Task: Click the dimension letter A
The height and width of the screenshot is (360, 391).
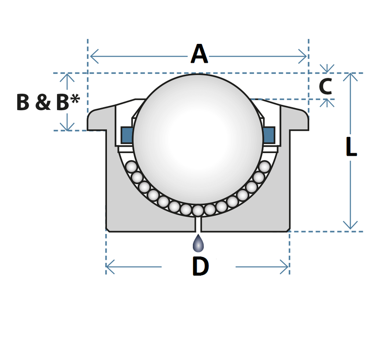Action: [199, 55]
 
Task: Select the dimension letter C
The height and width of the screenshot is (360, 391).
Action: [325, 86]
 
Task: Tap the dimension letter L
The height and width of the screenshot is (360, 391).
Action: [351, 148]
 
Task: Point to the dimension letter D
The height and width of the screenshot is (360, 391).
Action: [200, 266]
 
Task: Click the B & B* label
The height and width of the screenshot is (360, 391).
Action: [47, 103]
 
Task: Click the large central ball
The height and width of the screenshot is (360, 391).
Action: [198, 139]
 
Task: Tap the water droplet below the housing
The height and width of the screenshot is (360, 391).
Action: [198, 244]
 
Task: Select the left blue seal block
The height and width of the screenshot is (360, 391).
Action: [127, 135]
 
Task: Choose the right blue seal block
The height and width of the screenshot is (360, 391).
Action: [269, 135]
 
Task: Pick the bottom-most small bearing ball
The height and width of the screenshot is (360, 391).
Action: [198, 211]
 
